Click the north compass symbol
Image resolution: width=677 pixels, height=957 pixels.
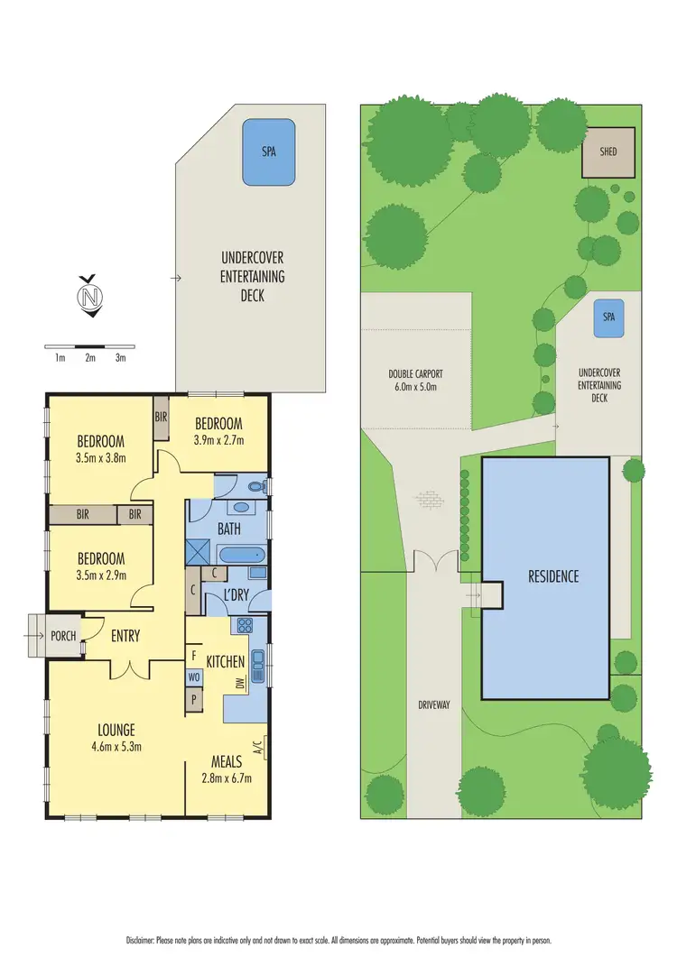[x=88, y=296]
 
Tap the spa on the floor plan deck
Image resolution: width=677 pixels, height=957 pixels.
[x=269, y=152]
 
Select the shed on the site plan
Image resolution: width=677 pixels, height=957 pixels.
[x=608, y=152]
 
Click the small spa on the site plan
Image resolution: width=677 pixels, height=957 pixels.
[x=608, y=317]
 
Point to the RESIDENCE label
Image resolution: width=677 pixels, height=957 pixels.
[x=553, y=576]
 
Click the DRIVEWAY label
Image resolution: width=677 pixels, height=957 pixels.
[x=433, y=704]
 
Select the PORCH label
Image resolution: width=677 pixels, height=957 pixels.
[x=63, y=636]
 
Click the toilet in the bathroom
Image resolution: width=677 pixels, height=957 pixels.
[x=258, y=488]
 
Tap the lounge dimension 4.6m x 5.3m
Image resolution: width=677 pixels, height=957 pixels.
[x=118, y=746]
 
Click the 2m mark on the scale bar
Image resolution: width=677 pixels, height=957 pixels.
[x=90, y=358]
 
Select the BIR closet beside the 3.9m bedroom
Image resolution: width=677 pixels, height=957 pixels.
[x=161, y=419]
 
